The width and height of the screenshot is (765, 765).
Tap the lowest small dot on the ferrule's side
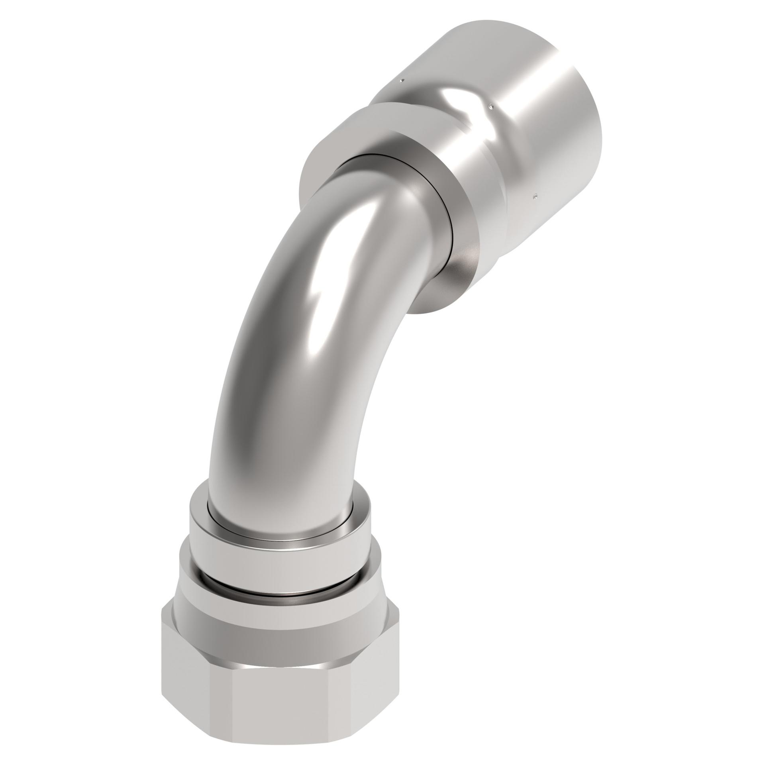click(536, 196)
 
